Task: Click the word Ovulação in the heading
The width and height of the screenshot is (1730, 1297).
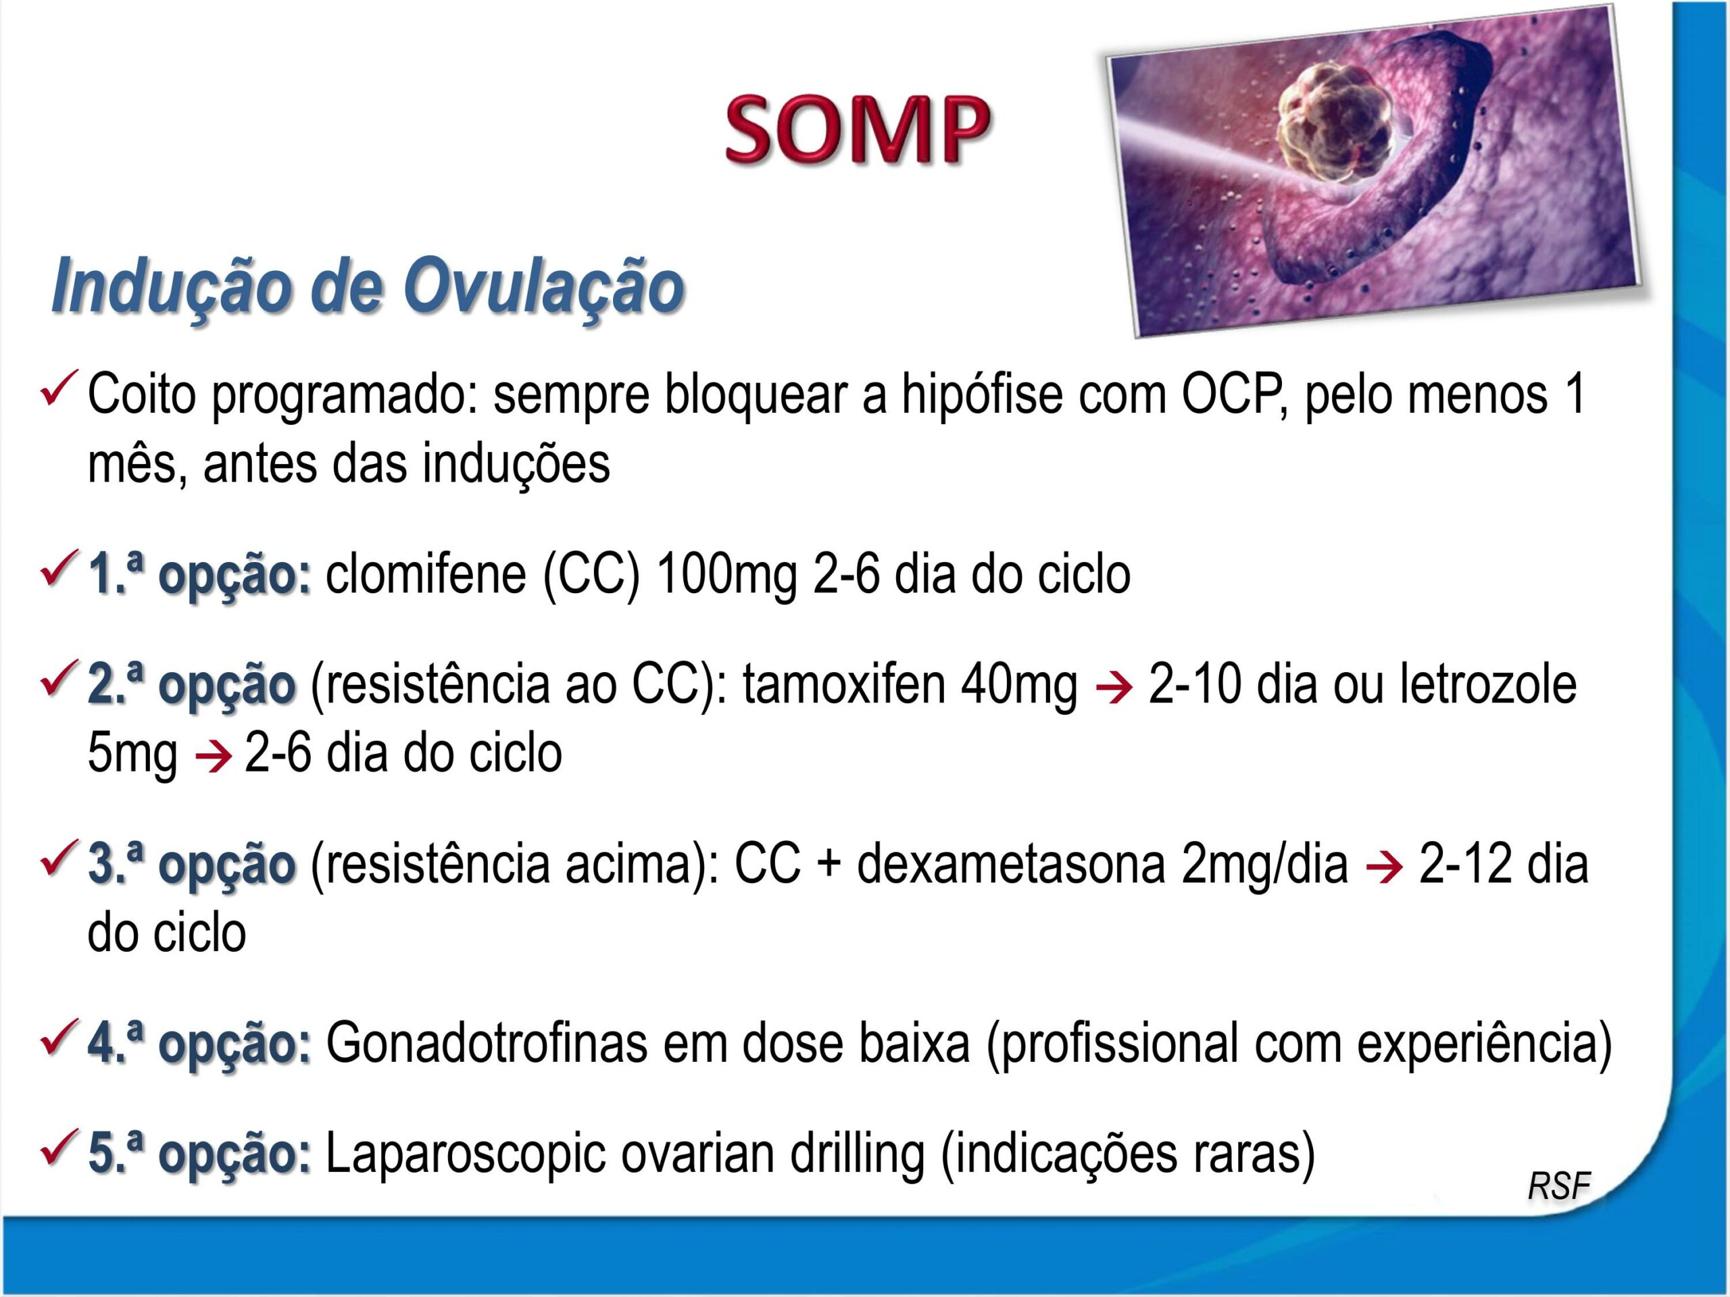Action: coord(544,287)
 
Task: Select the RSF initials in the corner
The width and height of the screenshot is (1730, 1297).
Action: coord(1558,1186)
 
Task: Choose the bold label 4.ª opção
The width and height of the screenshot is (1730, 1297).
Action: coord(199,1044)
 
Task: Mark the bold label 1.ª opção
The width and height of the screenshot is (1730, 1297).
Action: coord(199,576)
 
